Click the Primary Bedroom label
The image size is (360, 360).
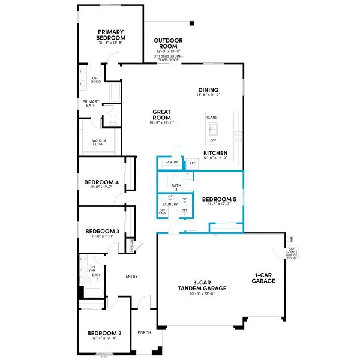point(111,35)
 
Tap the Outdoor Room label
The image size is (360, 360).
point(169,44)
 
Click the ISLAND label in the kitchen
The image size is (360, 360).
point(212,118)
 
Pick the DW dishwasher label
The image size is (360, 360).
point(213,140)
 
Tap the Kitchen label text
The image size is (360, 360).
point(215,154)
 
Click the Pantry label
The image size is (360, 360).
point(170,163)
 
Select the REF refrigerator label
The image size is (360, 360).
point(193,163)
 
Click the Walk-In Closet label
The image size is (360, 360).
point(100,143)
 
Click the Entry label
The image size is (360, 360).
point(131,277)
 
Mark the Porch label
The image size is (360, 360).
point(144,332)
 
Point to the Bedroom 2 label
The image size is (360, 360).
point(104,333)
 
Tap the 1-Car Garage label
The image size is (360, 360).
point(263,278)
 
